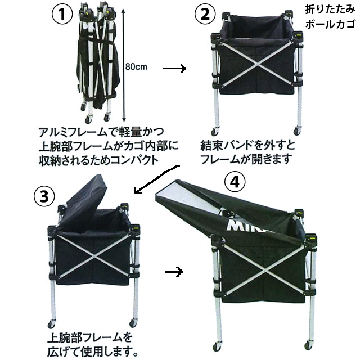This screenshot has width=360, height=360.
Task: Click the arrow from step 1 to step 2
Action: (174, 68)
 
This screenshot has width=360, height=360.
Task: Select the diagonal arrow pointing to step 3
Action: (158, 179)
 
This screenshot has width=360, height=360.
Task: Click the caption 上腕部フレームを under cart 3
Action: (89, 339)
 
